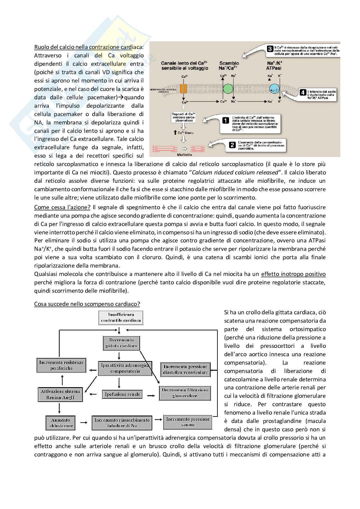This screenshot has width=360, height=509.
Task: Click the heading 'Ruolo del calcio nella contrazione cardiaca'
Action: pyautogui.click(x=89, y=47)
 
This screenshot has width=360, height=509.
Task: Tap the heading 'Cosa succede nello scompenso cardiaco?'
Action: pyautogui.click(x=87, y=304)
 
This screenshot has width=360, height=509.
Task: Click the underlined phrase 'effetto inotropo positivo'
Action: pyautogui.click(x=293, y=274)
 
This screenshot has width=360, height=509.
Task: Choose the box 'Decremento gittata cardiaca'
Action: pyautogui.click(x=121, y=343)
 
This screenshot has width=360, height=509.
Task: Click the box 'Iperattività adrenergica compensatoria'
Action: pyautogui.click(x=125, y=368)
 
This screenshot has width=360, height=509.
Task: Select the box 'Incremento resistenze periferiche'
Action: pyautogui.click(x=61, y=365)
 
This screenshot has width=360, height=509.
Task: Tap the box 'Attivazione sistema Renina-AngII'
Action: pyautogui.click(x=60, y=395)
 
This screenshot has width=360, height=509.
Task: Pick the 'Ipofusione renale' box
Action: pyautogui.click(x=122, y=394)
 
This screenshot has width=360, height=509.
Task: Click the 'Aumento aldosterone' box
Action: pyautogui.click(x=60, y=423)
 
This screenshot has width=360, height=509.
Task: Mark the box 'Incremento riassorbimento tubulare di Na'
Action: pyautogui.click(x=122, y=423)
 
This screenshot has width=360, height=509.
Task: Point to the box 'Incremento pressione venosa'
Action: pyautogui.click(x=188, y=422)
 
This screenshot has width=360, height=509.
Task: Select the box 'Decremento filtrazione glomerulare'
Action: pyautogui.click(x=185, y=393)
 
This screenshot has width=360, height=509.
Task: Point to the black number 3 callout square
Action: pyautogui.click(x=270, y=49)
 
